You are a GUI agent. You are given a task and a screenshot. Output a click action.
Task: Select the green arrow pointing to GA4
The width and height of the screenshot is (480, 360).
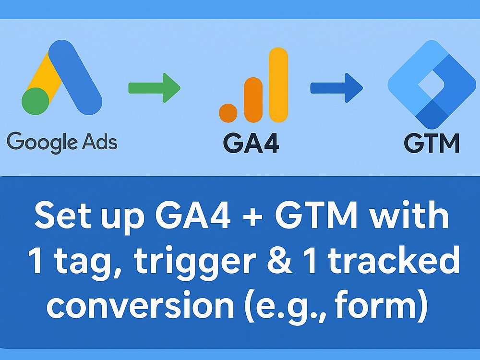(x=154, y=88)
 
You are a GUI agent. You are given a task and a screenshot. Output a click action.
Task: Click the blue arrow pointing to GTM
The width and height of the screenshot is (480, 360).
(x=336, y=88)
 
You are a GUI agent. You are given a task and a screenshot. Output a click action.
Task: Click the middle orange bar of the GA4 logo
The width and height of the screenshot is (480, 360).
(x=253, y=99)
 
